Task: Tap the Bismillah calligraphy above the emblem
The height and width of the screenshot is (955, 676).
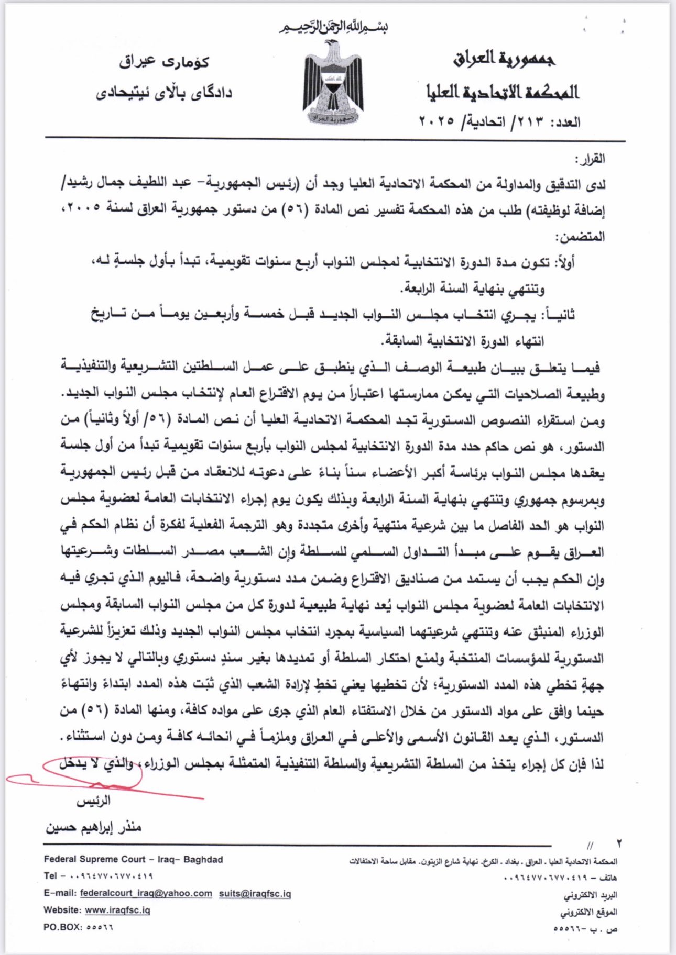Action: pos(333,27)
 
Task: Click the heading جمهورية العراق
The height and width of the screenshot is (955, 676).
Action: pos(504,59)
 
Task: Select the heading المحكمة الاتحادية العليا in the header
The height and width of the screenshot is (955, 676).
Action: pos(502,92)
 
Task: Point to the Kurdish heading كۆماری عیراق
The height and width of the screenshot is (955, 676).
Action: pos(163,62)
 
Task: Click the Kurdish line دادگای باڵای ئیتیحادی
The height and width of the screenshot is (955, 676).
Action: pos(163,93)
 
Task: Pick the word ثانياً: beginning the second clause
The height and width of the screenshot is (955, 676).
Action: pos(561,315)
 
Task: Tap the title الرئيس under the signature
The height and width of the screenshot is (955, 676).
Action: pos(93,801)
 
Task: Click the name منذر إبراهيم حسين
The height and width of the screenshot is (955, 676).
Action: pos(93,827)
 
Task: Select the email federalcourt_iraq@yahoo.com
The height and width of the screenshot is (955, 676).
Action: pos(146,893)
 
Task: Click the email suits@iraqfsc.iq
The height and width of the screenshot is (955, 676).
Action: pos(255,893)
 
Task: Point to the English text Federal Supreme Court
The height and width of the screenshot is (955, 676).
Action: pos(94,859)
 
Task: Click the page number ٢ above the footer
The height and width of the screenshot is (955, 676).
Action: pos(619,843)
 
